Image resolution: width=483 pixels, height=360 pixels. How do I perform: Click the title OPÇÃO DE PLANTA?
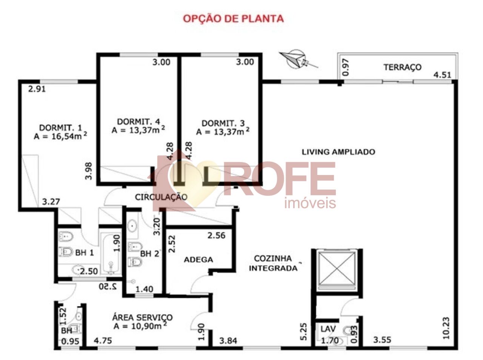[x=233, y=18]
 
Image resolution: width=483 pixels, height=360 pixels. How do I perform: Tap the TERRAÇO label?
[x=402, y=67]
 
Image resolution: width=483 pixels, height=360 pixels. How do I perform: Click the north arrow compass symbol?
[x=297, y=59]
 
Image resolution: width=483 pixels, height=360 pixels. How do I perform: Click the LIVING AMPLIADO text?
[x=338, y=152]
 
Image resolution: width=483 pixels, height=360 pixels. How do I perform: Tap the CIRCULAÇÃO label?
[x=161, y=197]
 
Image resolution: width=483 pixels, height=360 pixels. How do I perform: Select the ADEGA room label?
[x=198, y=260]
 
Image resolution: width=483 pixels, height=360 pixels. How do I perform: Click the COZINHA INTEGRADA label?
[x=273, y=263]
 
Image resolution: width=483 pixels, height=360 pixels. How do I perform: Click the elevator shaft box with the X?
[x=336, y=269]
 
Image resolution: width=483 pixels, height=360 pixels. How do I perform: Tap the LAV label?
[x=328, y=329]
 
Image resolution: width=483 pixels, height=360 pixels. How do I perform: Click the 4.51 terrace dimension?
[x=442, y=75]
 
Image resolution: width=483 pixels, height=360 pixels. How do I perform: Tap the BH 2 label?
[x=150, y=254]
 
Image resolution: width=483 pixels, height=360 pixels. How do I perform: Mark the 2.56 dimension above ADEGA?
[x=216, y=236]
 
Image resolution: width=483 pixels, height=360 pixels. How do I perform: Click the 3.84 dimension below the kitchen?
[x=228, y=341]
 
